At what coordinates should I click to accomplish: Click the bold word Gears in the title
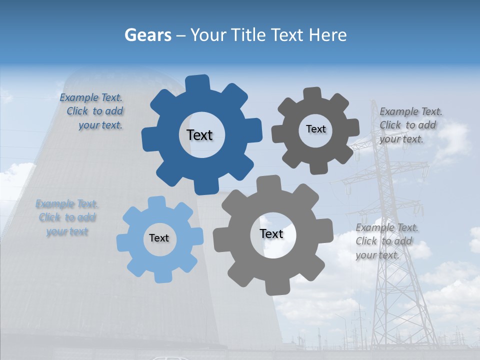point(148,35)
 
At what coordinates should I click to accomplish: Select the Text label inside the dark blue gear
point(199,135)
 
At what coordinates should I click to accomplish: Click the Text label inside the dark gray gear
point(315,129)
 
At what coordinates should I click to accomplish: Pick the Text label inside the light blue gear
point(159,238)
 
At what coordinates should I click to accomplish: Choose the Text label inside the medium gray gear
point(271,233)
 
